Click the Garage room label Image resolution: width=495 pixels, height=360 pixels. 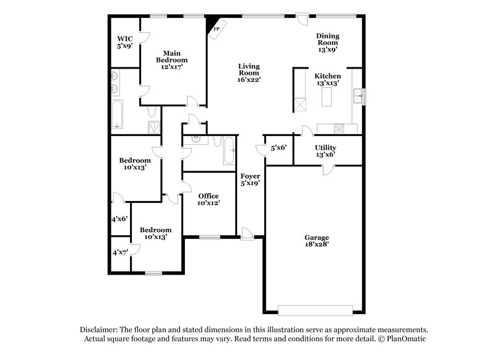pos(316,241)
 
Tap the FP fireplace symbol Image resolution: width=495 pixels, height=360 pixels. pos(217,29)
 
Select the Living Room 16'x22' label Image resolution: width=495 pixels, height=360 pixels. pos(249,72)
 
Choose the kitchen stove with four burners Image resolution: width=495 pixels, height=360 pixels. pos(339,129)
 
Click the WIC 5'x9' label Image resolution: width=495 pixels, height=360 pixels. pos(125,42)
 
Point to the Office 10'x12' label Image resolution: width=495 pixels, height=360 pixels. pos(209,199)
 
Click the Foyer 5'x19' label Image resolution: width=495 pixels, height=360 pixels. pos(250,179)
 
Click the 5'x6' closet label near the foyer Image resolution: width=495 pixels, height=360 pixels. pos(278,148)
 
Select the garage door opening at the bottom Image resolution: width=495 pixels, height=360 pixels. pos(316,310)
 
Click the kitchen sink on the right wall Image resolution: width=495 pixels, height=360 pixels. pos(358,96)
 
